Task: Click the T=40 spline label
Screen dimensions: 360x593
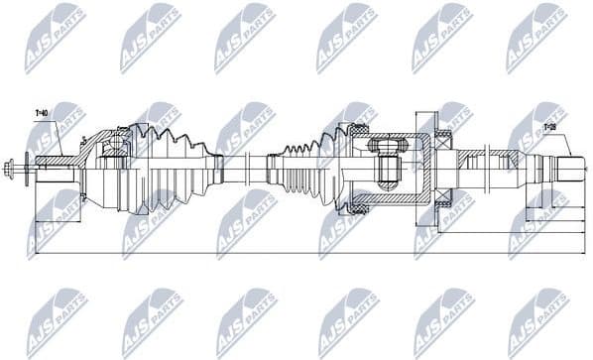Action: [41, 113]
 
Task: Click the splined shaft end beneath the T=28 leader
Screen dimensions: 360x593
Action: [570, 167]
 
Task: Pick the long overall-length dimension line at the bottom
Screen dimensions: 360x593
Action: [297, 254]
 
